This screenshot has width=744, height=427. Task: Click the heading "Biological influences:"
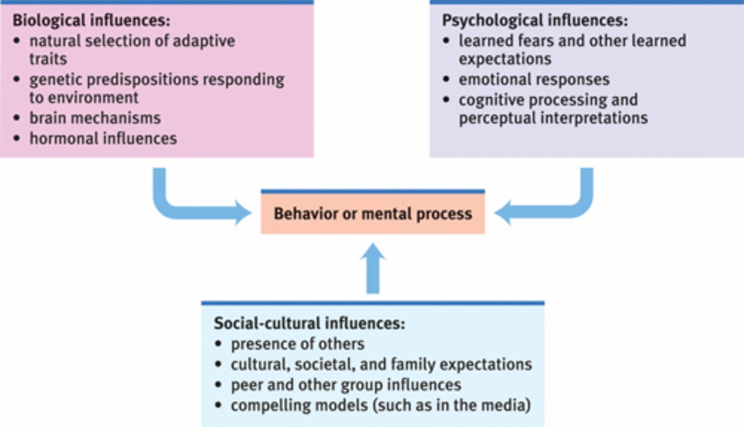coord(91,21)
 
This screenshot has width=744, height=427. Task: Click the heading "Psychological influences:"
coord(535,21)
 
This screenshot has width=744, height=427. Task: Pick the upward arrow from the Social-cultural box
coord(373,269)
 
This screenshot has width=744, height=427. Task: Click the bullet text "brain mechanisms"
coord(95,118)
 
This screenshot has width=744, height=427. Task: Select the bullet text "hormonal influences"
coord(103,138)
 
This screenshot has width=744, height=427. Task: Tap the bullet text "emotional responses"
coord(534,79)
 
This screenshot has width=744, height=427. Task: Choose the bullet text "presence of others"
coord(298,344)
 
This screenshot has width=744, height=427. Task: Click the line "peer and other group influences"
coord(346,385)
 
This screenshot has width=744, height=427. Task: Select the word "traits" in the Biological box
coord(48,59)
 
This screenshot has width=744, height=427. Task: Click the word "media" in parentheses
coord(506,405)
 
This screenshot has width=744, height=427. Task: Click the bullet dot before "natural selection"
coord(18,40)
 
